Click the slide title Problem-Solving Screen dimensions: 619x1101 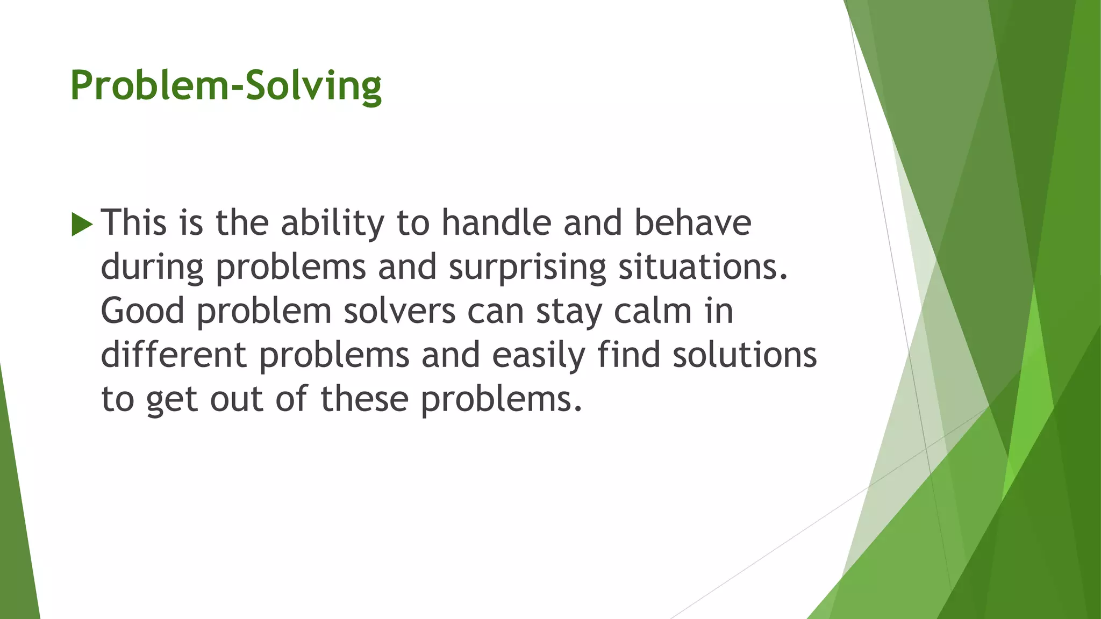pos(226,86)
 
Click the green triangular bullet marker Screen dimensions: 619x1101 pos(82,224)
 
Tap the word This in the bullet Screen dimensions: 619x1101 pos(134,223)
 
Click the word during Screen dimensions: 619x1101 pos(152,268)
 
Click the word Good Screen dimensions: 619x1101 pos(142,311)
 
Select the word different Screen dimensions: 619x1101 pos(174,355)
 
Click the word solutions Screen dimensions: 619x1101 pos(745,355)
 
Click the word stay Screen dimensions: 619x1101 pos(569,312)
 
